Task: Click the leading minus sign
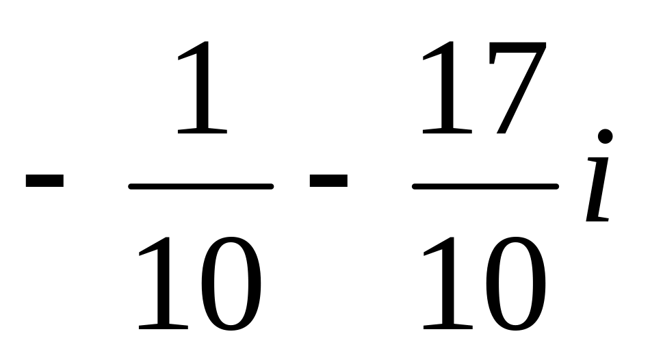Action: tap(44, 181)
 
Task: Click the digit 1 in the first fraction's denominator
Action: tap(162, 283)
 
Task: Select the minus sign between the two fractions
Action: tap(328, 181)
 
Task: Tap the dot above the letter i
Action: tap(605, 136)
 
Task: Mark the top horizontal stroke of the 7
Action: tap(517, 48)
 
